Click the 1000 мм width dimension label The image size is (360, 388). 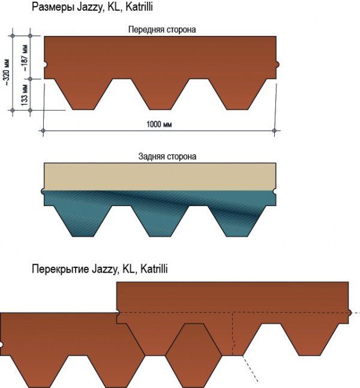click(x=159, y=124)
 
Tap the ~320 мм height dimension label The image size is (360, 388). click(x=7, y=73)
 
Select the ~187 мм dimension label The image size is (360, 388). click(x=25, y=58)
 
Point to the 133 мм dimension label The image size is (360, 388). click(x=25, y=95)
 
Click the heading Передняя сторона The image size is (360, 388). click(x=162, y=29)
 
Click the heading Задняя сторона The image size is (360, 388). click(x=167, y=156)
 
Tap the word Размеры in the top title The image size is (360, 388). click(x=53, y=7)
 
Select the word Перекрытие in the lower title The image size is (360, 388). click(x=61, y=268)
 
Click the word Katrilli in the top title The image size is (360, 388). click(x=139, y=7)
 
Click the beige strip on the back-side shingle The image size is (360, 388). click(x=160, y=177)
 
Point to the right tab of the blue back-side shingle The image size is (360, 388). click(x=237, y=221)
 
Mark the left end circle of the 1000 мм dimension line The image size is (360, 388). click(x=43, y=130)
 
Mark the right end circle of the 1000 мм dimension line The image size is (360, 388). click(x=274, y=130)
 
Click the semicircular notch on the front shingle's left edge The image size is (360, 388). click(x=45, y=64)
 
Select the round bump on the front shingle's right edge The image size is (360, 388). click(x=277, y=64)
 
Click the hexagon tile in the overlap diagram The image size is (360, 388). click(x=194, y=356)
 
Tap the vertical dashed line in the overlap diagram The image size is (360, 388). click(x=232, y=334)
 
